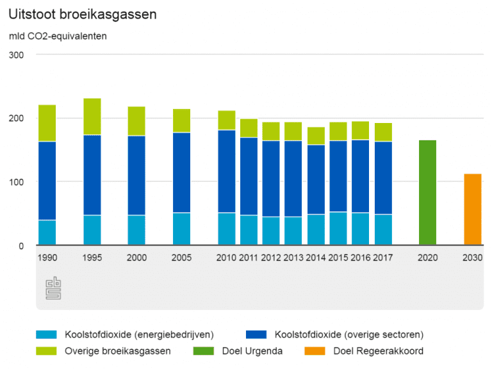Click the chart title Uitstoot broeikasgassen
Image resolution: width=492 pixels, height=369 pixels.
pos(83,15)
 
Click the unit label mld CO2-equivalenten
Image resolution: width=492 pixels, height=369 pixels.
pos(58,36)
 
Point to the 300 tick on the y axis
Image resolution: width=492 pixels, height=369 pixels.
pos(17,55)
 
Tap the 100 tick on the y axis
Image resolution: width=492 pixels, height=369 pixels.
pos(17,182)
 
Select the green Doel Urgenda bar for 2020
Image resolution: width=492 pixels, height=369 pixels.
pos(427,192)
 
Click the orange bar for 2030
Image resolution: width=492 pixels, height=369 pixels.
pos(473,209)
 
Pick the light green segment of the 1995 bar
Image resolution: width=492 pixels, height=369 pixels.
pos(92,117)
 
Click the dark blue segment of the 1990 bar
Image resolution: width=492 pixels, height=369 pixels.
pos(47,181)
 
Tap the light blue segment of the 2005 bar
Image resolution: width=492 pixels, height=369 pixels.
pos(181,229)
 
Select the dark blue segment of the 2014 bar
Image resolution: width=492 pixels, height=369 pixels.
pos(316,179)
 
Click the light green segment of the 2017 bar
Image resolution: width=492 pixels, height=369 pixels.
pos(383,132)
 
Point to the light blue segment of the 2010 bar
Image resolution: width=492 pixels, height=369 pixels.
pos(226,229)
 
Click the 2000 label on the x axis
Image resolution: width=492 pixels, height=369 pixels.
pos(136,258)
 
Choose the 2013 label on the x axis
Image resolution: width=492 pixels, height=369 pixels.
pos(293,258)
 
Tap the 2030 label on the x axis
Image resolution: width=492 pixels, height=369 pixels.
pos(473,258)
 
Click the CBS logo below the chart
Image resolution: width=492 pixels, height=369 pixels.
pos(53,289)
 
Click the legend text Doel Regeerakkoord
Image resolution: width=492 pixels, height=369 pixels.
pos(378,351)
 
